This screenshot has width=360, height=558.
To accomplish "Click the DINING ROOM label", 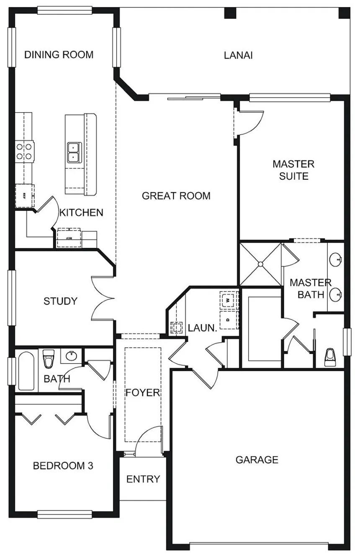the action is pyautogui.click(x=59, y=55).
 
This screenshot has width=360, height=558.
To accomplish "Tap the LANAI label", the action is pyautogui.click(x=238, y=55).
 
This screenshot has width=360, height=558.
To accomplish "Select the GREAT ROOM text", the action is pyautogui.click(x=176, y=196).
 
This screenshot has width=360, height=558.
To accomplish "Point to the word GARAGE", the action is pyautogui.click(x=257, y=460).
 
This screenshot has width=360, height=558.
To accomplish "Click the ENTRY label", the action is pyautogui.click(x=143, y=479).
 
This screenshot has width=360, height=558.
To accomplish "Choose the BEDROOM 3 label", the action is pyautogui.click(x=63, y=466).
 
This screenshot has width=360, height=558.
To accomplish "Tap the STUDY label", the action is pyautogui.click(x=61, y=301).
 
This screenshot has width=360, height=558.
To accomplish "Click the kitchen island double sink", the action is pyautogui.click(x=74, y=152).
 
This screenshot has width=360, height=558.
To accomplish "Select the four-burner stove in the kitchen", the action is pyautogui.click(x=25, y=152).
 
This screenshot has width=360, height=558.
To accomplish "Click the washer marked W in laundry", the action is pyautogui.click(x=228, y=300).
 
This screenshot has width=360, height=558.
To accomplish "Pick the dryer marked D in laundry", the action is pyautogui.click(x=228, y=320).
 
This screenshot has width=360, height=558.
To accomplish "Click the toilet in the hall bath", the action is pyautogui.click(x=48, y=359).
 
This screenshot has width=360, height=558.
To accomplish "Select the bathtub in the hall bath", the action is pyautogui.click(x=26, y=371).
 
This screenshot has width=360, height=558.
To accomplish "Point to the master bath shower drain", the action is pyautogui.click(x=260, y=264).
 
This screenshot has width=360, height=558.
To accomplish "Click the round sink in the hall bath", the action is pyautogui.click(x=72, y=356).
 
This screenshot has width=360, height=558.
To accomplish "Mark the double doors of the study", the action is pyautogui.click(x=103, y=298).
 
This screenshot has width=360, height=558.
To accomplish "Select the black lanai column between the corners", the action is pyautogui.click(x=230, y=13).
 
